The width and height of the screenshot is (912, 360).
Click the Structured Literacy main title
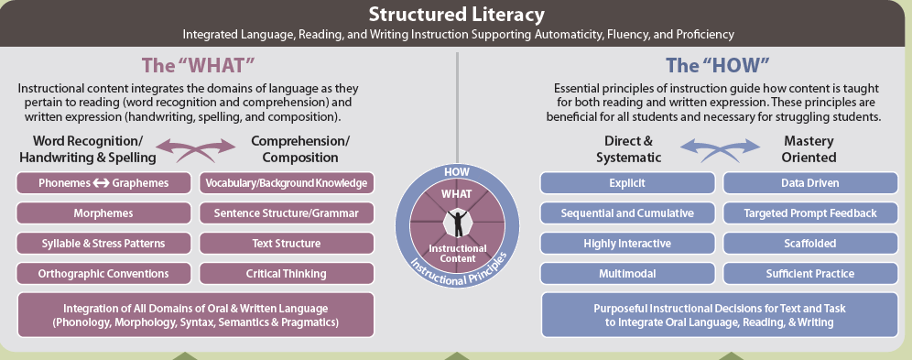tap(457, 14)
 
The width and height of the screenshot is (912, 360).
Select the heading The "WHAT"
tap(199, 65)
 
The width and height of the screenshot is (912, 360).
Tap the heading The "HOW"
tap(712, 65)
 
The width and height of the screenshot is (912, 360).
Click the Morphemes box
tap(103, 213)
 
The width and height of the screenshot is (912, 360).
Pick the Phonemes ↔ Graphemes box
tap(103, 183)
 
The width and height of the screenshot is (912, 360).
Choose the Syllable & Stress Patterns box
tap(103, 244)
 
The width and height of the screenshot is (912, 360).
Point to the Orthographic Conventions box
tap(103, 274)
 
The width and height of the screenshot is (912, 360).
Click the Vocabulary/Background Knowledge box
tap(287, 183)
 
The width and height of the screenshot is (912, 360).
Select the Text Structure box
tap(287, 244)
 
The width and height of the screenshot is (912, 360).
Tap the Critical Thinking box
tap(287, 274)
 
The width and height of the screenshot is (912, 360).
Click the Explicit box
tap(627, 183)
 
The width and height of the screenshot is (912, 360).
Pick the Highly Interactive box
tap(627, 244)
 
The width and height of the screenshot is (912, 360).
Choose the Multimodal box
tap(627, 274)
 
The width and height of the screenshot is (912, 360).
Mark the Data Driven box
tap(810, 183)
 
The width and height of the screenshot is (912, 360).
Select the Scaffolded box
tap(810, 244)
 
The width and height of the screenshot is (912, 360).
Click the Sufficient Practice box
tap(810, 274)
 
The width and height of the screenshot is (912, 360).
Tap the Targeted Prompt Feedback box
tap(810, 213)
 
